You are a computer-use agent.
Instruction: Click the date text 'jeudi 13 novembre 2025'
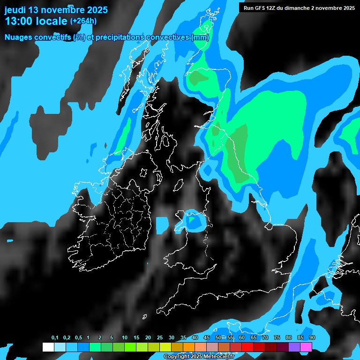[x=56, y=10]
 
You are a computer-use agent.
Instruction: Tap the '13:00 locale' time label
[x=36, y=21]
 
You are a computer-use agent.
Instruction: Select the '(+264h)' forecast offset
[x=83, y=21]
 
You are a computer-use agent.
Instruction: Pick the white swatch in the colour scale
[x=48, y=347]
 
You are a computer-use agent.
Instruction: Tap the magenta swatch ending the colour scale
[x=306, y=347]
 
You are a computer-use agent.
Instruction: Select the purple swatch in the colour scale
[x=294, y=347]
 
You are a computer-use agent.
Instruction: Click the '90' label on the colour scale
[x=312, y=338]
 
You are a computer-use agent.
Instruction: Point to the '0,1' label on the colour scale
[x=55, y=338]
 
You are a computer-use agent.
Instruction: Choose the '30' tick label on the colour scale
[x=172, y=338]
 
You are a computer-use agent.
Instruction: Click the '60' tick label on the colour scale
[x=242, y=338]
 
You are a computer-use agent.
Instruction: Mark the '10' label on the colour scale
[x=125, y=338]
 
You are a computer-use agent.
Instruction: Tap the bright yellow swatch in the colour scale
[x=165, y=347]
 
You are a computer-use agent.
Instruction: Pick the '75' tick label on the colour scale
[x=277, y=338]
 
